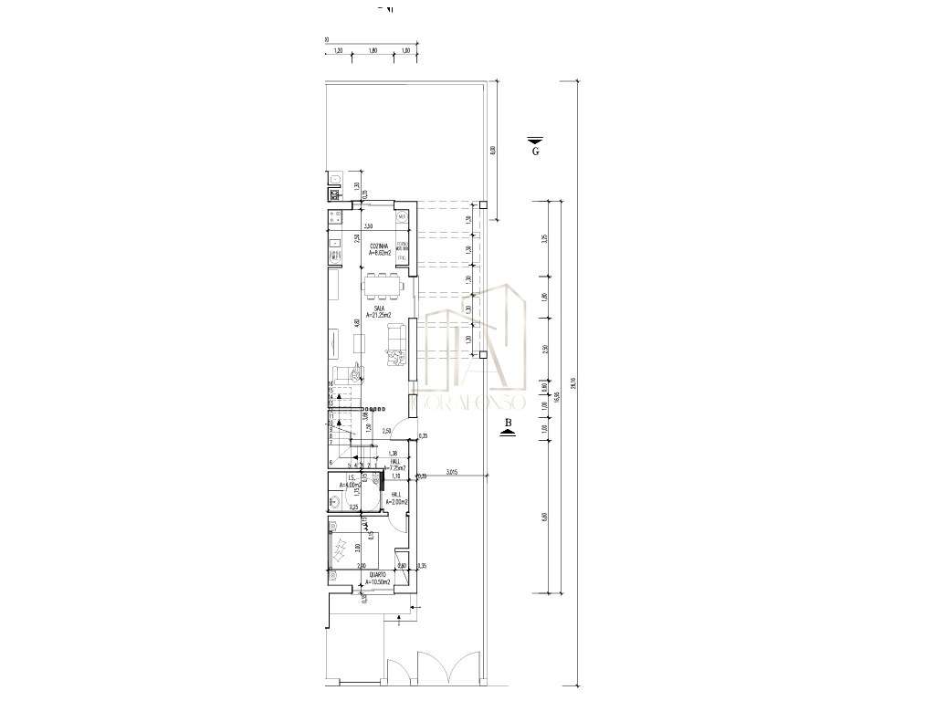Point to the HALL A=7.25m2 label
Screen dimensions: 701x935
tap(394, 466)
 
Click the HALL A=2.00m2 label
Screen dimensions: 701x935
tap(395, 498)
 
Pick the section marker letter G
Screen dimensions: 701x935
tap(535, 152)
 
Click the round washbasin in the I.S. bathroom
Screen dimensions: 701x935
tap(335, 500)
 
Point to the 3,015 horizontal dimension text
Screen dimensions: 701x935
tap(452, 472)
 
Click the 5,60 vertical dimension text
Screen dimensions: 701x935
tap(544, 517)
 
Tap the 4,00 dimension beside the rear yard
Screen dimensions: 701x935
tap(493, 151)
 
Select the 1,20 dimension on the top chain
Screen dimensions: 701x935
tap(339, 51)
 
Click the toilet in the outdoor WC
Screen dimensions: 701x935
tap(335, 179)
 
